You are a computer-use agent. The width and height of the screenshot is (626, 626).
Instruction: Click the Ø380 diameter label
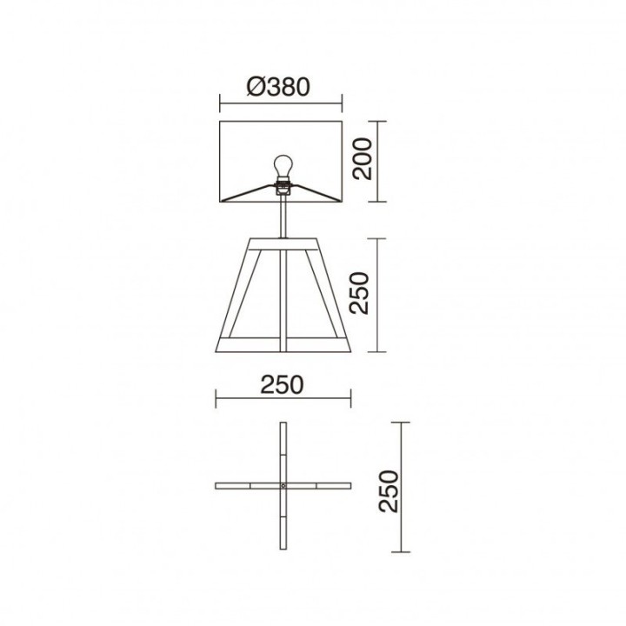278,87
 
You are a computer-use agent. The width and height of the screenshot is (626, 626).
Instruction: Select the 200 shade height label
362,159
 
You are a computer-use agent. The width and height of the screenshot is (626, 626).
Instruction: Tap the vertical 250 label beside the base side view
358,293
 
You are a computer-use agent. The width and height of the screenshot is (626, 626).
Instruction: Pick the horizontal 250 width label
282,385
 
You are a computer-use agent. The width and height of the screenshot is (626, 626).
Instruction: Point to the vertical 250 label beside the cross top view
388,491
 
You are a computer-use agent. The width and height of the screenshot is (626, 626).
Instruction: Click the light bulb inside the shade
283,166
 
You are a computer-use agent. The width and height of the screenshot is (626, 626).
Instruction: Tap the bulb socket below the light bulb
283,187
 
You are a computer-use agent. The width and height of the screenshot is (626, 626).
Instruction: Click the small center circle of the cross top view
283,486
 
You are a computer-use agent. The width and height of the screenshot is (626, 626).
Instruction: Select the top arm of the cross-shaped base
283,452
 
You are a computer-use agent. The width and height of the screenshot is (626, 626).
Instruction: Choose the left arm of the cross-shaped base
248,486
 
